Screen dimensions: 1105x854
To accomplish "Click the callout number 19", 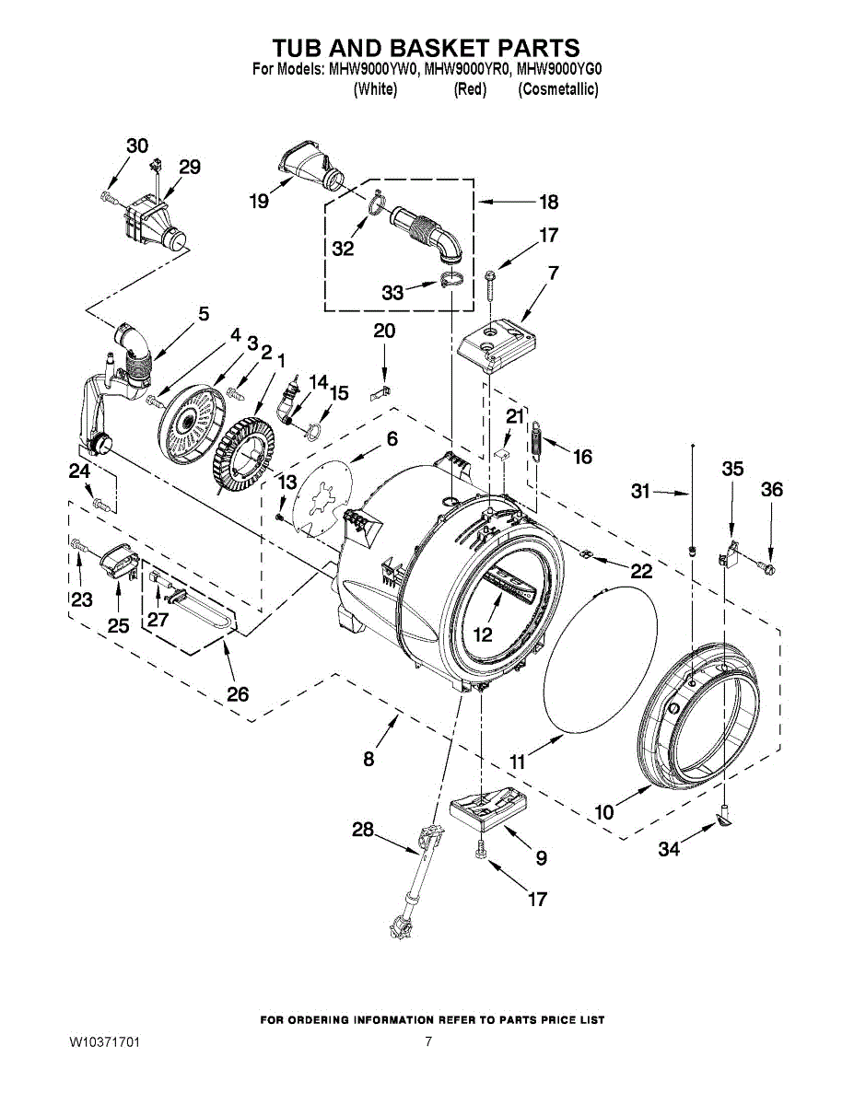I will tap(260, 201).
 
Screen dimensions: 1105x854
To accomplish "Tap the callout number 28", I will tap(362, 830).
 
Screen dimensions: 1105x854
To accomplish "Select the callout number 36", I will tap(772, 490).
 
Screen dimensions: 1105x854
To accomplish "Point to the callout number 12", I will tap(483, 634).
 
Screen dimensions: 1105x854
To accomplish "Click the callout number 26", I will tap(238, 693).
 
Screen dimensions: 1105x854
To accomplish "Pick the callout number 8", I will tap(369, 759).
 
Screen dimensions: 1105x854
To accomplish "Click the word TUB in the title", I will tap(302, 48).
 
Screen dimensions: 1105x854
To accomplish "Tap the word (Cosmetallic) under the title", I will tap(558, 89).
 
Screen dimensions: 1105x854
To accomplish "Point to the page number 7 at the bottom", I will tap(428, 1042).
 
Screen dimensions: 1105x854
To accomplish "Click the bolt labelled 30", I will tap(109, 197).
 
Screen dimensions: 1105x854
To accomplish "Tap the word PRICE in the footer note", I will tap(544, 1020).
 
